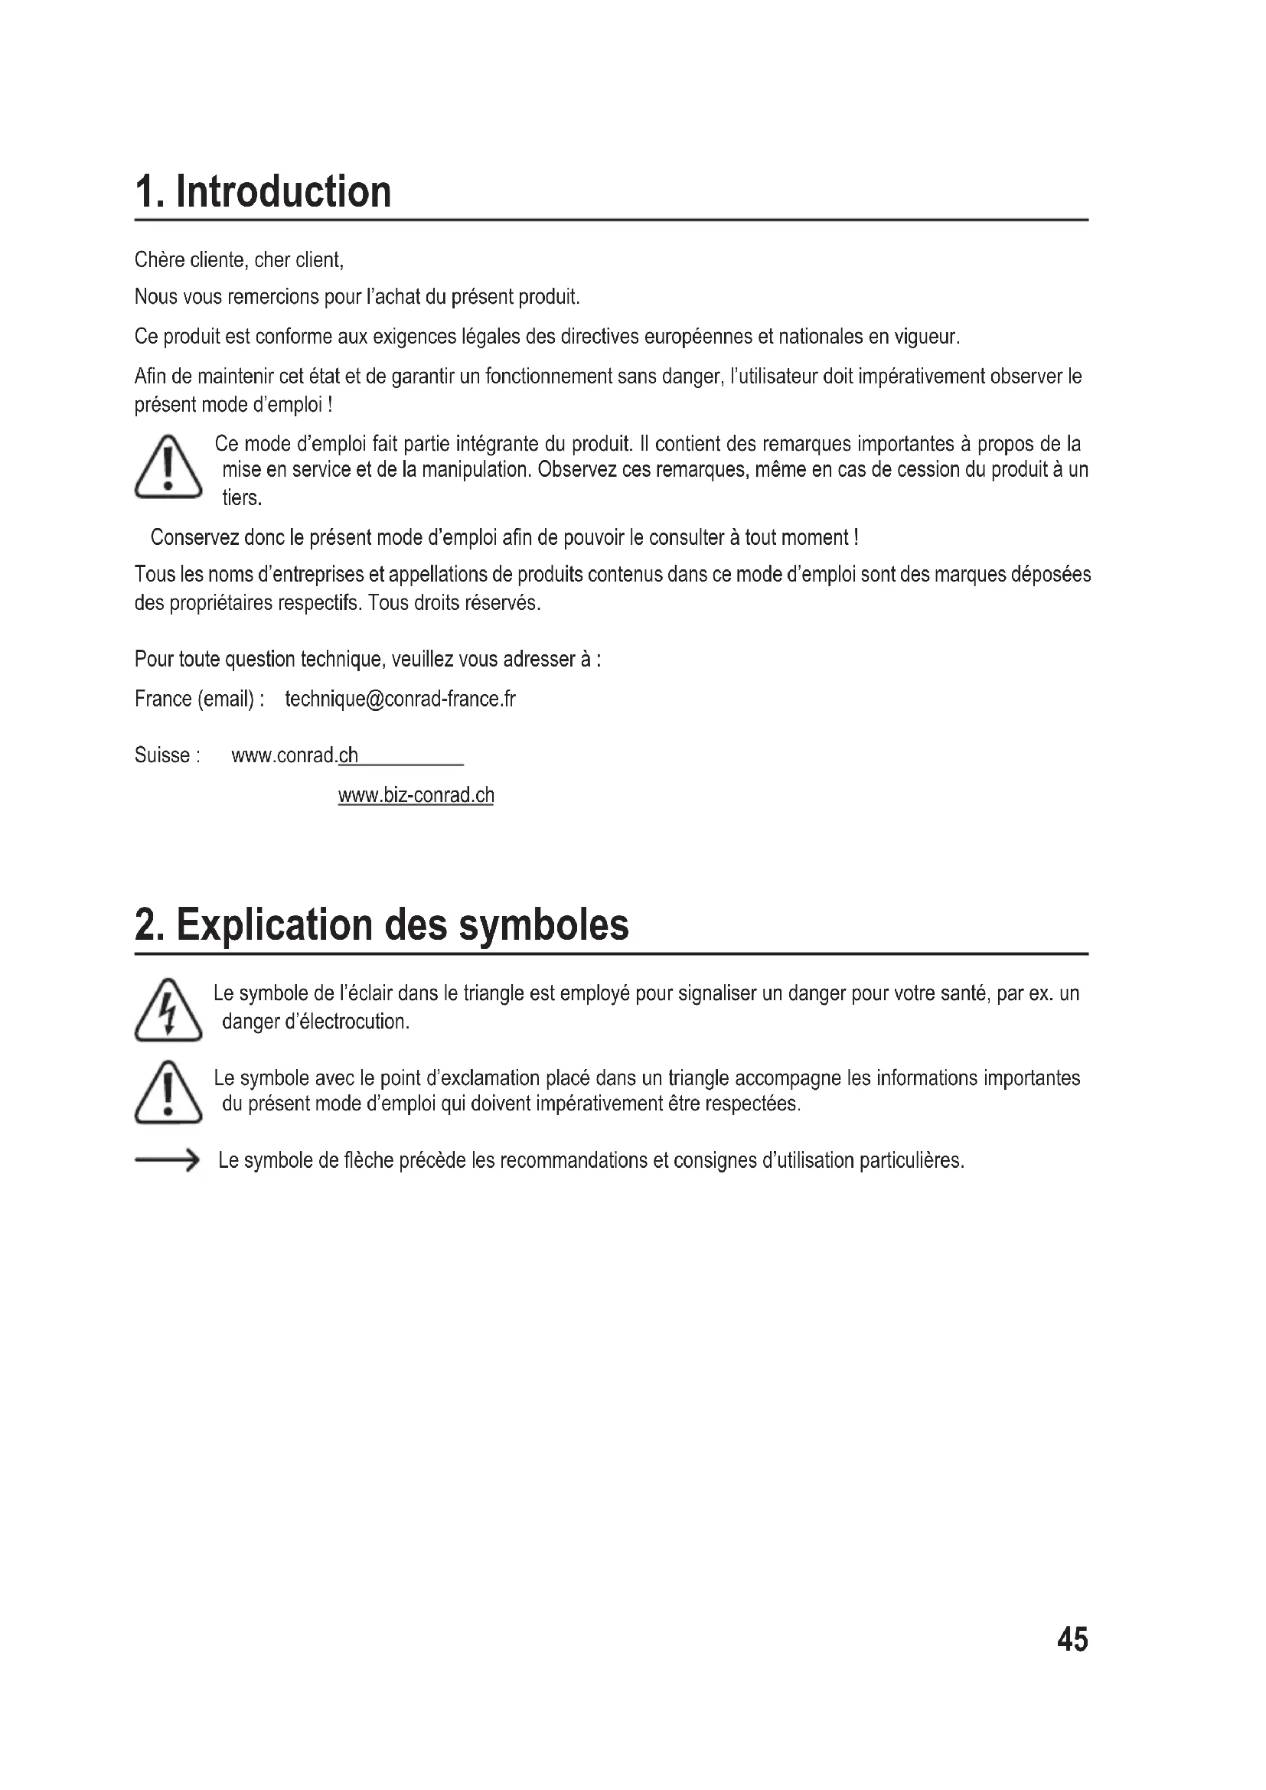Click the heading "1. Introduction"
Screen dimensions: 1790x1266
pos(263,192)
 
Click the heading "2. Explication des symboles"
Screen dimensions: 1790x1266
pos(381,925)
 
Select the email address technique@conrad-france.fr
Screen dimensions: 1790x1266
pos(400,699)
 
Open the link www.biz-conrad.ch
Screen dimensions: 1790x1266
pos(416,795)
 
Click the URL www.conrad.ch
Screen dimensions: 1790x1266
pos(295,755)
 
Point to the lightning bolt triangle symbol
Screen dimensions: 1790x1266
pos(168,1010)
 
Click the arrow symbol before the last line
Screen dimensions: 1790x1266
pos(167,1161)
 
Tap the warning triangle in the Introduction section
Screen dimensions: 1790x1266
pos(168,468)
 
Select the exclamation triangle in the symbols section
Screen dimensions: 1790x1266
pos(168,1093)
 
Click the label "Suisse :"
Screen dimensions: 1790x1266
pos(167,755)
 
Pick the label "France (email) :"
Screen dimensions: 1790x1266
pos(199,699)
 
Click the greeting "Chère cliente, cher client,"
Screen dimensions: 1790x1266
pos(239,259)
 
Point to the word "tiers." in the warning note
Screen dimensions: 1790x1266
pos(242,497)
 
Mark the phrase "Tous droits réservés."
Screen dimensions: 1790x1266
pos(455,602)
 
